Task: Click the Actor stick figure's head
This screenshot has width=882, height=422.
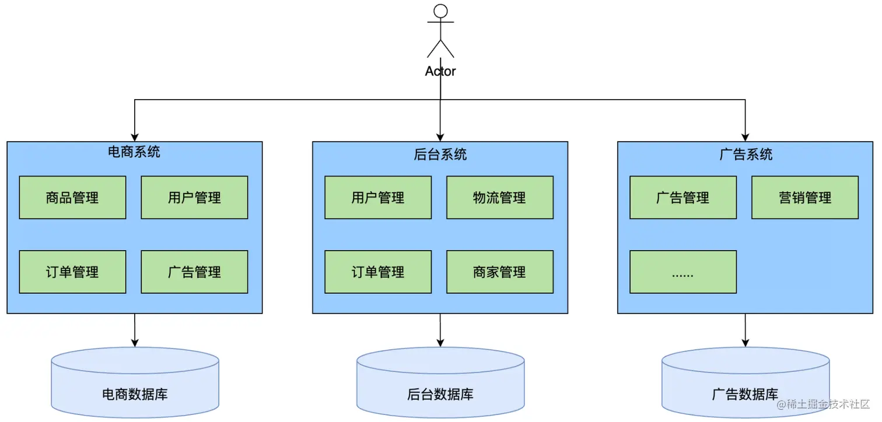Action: click(440, 11)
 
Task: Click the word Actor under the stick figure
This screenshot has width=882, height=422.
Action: click(440, 71)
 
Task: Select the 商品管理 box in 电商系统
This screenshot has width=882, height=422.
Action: click(72, 198)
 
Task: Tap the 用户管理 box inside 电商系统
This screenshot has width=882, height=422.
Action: click(194, 198)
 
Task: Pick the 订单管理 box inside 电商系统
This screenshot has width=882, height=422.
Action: click(72, 272)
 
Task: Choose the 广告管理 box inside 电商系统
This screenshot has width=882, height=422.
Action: click(194, 272)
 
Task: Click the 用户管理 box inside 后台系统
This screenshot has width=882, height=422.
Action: click(378, 198)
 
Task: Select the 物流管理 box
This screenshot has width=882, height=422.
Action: click(500, 198)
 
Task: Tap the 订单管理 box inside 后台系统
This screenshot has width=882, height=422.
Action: click(378, 272)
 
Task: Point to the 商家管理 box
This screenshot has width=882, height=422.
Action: click(500, 272)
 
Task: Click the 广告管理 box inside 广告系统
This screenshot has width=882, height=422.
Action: click(683, 198)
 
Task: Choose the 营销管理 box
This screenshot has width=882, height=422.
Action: click(805, 198)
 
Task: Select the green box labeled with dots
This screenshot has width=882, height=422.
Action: click(683, 272)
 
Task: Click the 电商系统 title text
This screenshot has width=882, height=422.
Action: click(134, 152)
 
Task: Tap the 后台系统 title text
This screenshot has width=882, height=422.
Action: click(440, 154)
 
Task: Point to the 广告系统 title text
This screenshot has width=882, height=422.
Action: click(745, 154)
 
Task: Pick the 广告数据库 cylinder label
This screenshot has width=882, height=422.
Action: click(745, 394)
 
